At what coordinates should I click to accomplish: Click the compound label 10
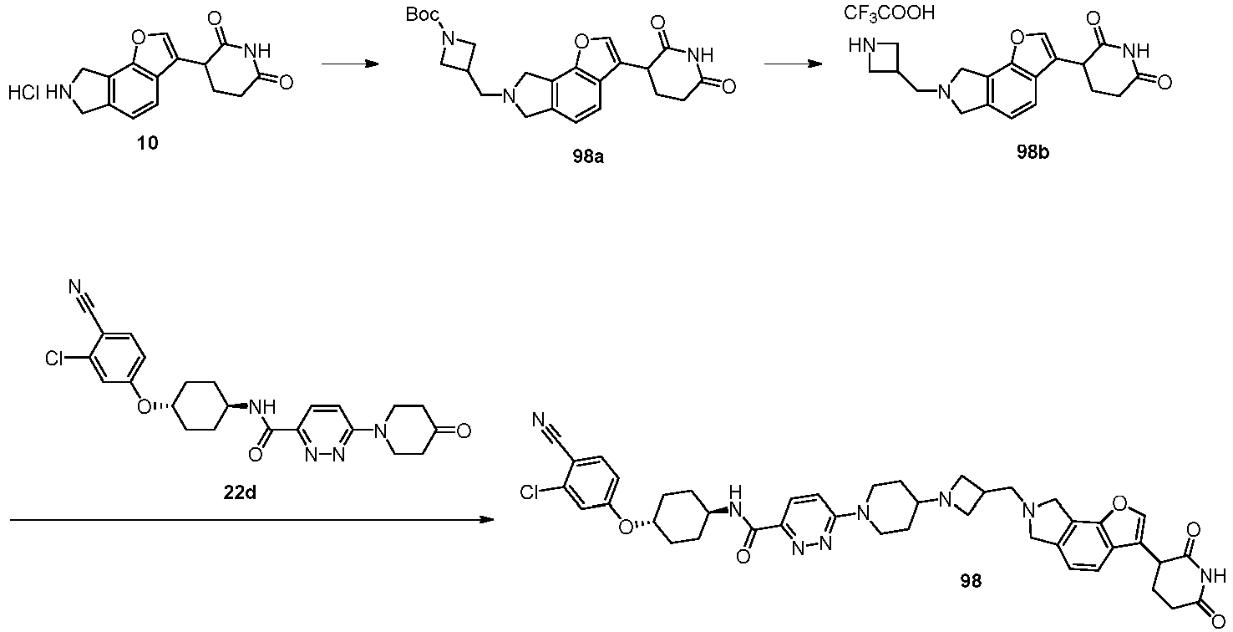click(x=149, y=143)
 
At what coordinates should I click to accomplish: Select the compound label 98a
click(x=587, y=158)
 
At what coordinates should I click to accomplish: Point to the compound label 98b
click(x=1033, y=153)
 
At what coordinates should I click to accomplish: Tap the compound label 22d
click(x=240, y=492)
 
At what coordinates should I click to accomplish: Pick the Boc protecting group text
click(x=423, y=15)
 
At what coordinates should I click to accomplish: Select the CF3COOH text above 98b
click(x=889, y=13)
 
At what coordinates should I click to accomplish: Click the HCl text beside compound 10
click(x=23, y=94)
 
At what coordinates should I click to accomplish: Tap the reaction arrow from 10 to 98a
click(x=351, y=64)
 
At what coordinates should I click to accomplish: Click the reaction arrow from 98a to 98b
click(x=794, y=64)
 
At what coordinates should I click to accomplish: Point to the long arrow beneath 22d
click(x=251, y=520)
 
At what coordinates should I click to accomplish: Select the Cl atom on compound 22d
click(x=55, y=359)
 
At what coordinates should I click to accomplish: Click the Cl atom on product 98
click(x=530, y=492)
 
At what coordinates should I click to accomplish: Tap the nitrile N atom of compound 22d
click(x=75, y=287)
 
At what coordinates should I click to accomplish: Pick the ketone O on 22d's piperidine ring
click(x=464, y=431)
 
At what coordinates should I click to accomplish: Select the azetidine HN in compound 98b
click(x=863, y=47)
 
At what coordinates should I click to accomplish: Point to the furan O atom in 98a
click(x=581, y=42)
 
